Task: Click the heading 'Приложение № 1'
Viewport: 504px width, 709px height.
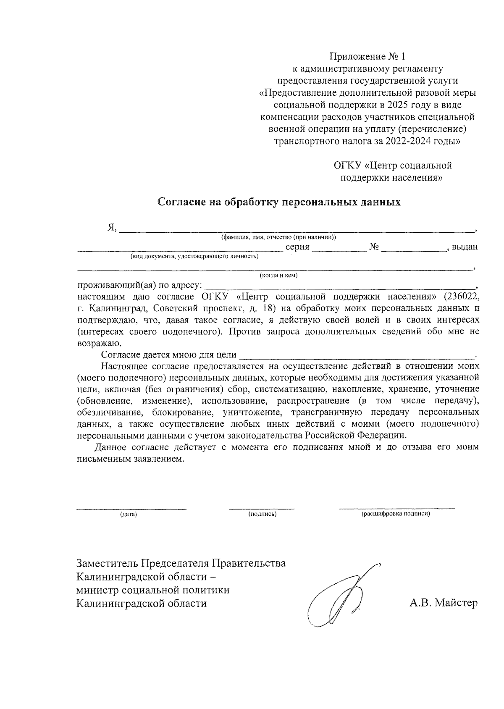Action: point(368,56)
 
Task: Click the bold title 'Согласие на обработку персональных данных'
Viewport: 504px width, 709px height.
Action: point(279,202)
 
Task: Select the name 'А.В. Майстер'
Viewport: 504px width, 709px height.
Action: point(444,604)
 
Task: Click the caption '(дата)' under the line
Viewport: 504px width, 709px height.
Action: point(129,514)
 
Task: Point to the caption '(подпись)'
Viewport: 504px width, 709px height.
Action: point(262,514)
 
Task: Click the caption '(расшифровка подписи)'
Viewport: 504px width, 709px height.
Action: point(396,514)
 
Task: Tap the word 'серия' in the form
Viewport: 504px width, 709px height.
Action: point(297,247)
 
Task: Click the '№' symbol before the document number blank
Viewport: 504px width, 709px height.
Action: point(374,247)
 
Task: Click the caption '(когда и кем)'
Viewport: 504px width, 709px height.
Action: point(278,276)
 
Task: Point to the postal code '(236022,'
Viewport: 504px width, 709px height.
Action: point(461,297)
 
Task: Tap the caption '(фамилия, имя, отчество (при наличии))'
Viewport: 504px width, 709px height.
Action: point(278,237)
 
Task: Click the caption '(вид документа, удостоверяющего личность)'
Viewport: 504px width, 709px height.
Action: point(194,256)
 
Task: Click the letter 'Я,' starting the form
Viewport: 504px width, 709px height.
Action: point(111,228)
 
